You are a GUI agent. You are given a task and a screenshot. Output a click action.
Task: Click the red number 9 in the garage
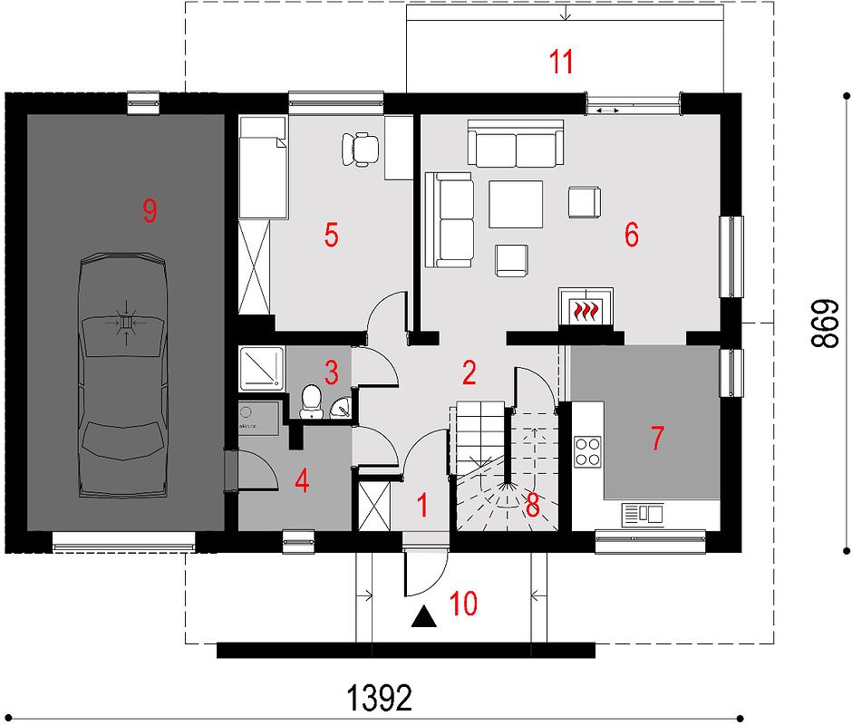tap(150, 210)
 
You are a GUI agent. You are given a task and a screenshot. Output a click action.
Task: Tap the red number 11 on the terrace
tap(561, 62)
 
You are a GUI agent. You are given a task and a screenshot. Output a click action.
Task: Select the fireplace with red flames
tap(586, 307)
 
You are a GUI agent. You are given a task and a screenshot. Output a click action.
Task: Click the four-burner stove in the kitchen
tap(588, 451)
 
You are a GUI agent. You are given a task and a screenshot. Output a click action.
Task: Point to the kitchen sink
tap(643, 515)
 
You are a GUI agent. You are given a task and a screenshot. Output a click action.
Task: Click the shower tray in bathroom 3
tap(261, 368)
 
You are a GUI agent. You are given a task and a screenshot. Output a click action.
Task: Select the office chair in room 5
tap(360, 149)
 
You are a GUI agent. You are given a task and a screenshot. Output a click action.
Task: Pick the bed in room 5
tap(263, 168)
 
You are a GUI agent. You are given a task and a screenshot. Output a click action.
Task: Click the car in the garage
tap(122, 375)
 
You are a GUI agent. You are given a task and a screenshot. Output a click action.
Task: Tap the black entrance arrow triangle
tap(424, 617)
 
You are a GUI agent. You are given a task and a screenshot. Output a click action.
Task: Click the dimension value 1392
tap(379, 698)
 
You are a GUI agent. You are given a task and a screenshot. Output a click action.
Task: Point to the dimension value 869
tap(826, 323)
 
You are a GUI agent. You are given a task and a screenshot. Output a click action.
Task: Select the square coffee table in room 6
tap(516, 204)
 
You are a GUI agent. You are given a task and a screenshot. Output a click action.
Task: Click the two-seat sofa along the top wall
tap(515, 143)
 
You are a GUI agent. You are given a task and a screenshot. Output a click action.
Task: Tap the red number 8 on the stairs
tap(533, 506)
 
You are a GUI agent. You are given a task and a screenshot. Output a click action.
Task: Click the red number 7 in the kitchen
tap(657, 438)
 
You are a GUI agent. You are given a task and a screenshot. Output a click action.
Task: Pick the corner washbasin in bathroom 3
tap(341, 407)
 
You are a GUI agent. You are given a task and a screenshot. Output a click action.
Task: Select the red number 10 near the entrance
tap(463, 604)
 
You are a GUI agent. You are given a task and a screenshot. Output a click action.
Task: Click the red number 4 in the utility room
tap(302, 480)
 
